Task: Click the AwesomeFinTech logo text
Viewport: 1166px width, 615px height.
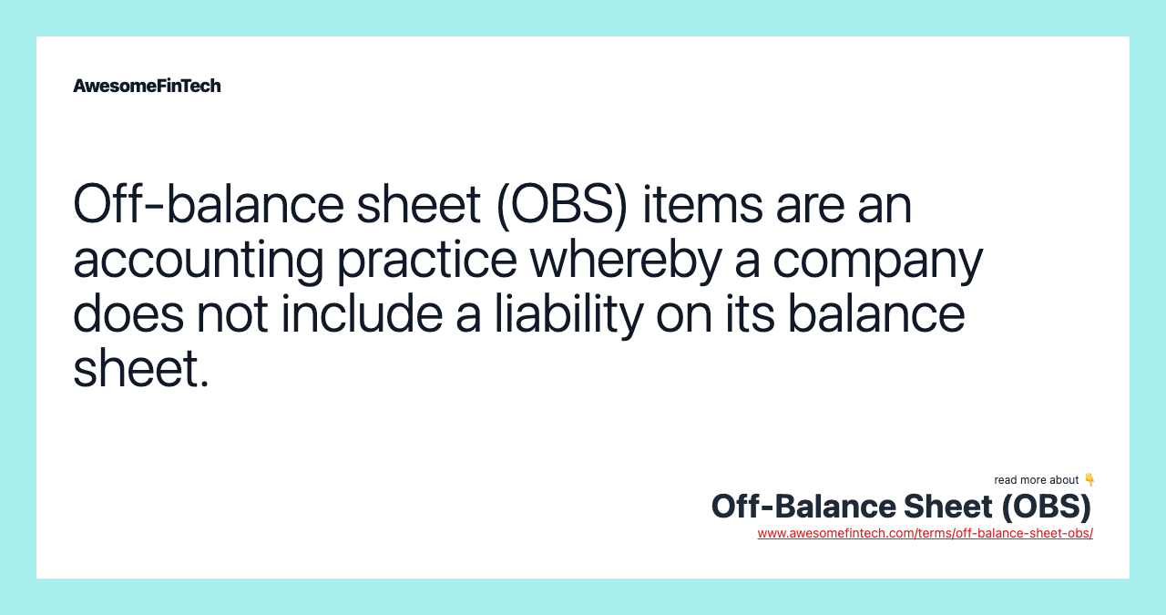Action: click(147, 86)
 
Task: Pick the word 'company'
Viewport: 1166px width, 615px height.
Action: click(878, 261)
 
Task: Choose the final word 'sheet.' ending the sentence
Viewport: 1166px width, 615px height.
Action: click(141, 368)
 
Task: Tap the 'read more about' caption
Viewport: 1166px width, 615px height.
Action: click(1037, 480)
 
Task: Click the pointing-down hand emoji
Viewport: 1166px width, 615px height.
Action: click(1089, 479)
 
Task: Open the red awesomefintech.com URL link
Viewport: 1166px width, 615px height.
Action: click(925, 533)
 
